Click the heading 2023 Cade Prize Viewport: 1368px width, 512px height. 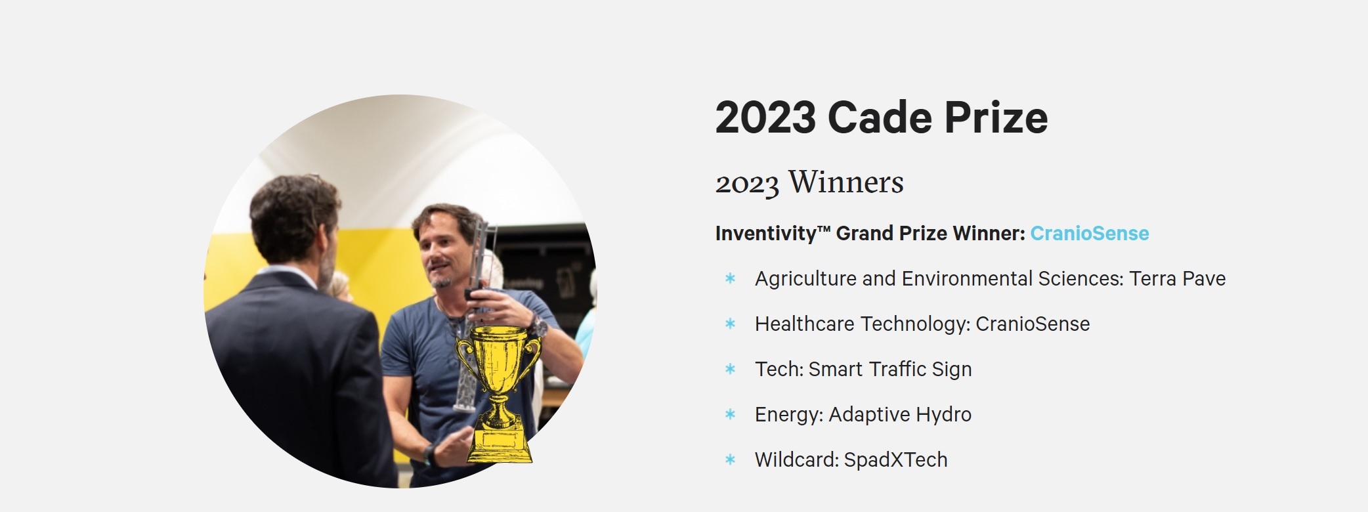(882, 117)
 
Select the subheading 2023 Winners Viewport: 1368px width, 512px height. (809, 182)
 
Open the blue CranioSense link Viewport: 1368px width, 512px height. (1090, 233)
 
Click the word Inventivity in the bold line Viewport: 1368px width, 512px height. (765, 234)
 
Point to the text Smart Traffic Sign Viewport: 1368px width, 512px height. (890, 370)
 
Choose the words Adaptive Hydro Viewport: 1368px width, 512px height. (900, 415)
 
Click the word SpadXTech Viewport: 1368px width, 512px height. (896, 459)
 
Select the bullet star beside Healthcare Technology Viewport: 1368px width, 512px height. (730, 324)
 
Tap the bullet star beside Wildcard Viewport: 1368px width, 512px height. (730, 459)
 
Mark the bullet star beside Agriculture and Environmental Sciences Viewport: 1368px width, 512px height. (730, 278)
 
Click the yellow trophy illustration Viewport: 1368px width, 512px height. (500, 393)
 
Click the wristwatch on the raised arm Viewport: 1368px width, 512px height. (538, 326)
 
